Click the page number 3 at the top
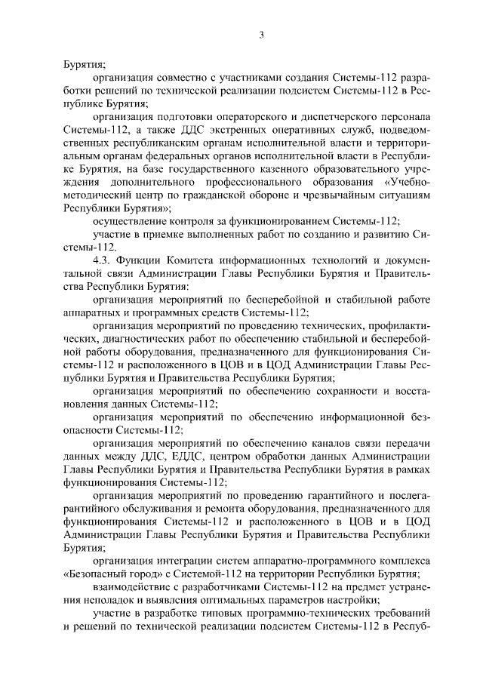(261, 34)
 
